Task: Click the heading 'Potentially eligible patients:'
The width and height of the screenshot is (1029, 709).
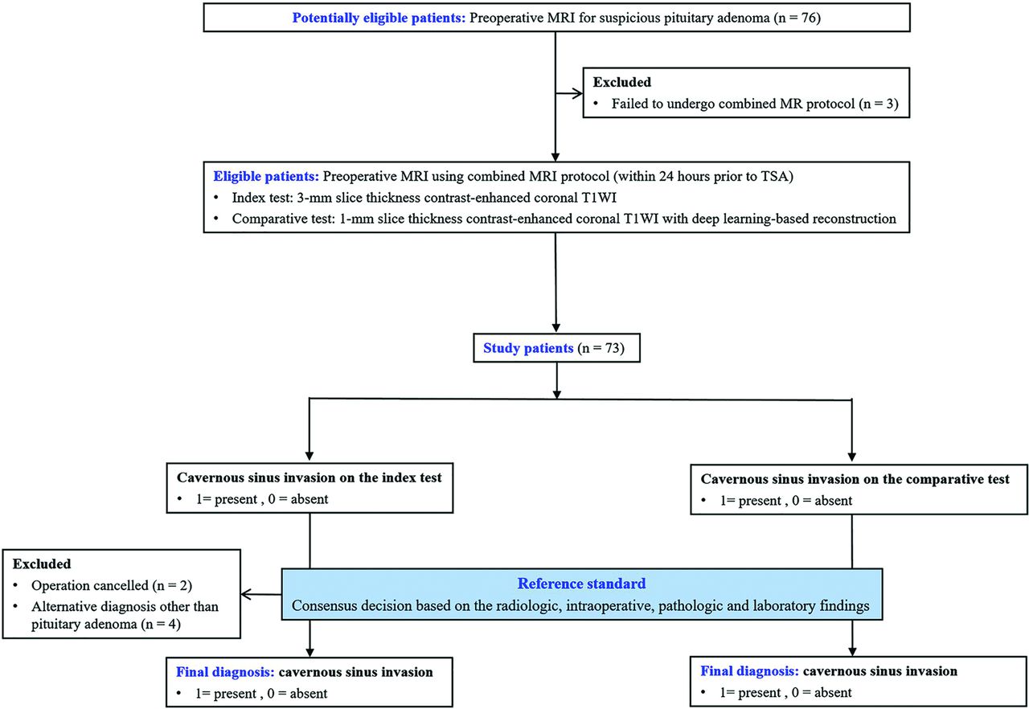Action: point(379,18)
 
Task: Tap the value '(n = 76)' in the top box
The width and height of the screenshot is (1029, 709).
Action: point(797,18)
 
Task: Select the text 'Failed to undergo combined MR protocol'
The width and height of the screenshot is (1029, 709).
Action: point(733,104)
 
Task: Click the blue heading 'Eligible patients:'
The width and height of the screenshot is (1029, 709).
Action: point(266,176)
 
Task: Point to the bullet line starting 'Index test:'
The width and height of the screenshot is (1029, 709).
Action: point(424,198)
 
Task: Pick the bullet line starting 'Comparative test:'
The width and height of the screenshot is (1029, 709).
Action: point(564,219)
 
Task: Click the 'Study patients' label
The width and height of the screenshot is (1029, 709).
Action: point(528,348)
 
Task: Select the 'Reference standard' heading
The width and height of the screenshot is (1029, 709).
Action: point(581,584)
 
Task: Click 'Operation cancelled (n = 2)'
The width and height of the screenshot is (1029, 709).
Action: point(112,585)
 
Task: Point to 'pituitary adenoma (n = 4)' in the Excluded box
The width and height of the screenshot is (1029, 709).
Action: point(106,625)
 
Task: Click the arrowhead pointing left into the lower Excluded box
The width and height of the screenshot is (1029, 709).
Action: point(246,595)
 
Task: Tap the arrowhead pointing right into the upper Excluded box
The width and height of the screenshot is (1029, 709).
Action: point(577,94)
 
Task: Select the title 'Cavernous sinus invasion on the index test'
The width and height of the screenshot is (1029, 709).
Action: point(310,478)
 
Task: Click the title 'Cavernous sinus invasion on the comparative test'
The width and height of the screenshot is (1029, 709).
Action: point(855,479)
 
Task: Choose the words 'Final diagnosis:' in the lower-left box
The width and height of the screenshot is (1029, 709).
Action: point(225,672)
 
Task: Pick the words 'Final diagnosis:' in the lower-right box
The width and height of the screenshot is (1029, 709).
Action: point(750,671)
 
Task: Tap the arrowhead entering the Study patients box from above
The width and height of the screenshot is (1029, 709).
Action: point(556,328)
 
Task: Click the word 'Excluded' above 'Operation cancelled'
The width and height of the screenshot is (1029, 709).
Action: point(42,564)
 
